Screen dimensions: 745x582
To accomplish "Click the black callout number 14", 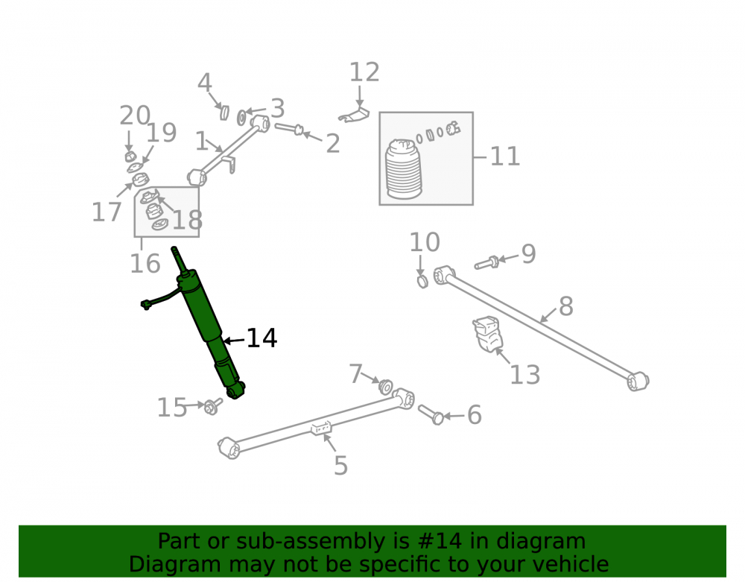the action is [x=261, y=338].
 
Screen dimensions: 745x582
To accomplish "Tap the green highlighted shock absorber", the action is [x=209, y=323].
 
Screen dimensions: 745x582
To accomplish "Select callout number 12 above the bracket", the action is [x=364, y=73].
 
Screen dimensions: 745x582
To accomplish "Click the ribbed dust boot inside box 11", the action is [x=404, y=168].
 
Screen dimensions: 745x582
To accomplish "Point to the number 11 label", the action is [x=505, y=156].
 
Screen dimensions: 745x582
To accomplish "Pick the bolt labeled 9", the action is [x=486, y=263].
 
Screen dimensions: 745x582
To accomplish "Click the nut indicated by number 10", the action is [x=422, y=281].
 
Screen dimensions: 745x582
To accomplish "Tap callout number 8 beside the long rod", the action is [x=566, y=306].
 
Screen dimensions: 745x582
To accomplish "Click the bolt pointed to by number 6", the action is [x=431, y=415].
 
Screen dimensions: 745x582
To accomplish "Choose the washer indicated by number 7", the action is [x=386, y=387].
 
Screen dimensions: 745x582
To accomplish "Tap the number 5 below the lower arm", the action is [x=340, y=466].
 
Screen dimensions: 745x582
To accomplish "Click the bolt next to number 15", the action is [x=212, y=406].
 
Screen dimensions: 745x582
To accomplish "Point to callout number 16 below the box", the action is [x=145, y=264].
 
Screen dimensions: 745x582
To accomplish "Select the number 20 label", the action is [x=135, y=116].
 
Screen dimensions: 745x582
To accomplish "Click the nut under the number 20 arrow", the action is [x=130, y=156].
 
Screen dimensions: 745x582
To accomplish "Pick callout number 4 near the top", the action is [x=205, y=83].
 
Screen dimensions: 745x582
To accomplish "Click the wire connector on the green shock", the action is [x=146, y=305].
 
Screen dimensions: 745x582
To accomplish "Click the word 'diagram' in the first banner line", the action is [x=541, y=542].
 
